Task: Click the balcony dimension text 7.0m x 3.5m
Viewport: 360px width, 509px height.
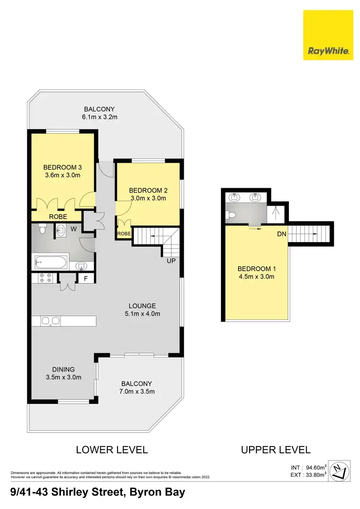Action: (137, 391)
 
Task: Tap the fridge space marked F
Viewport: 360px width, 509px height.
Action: (86, 278)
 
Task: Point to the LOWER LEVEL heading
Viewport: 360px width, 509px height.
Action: (112, 450)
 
